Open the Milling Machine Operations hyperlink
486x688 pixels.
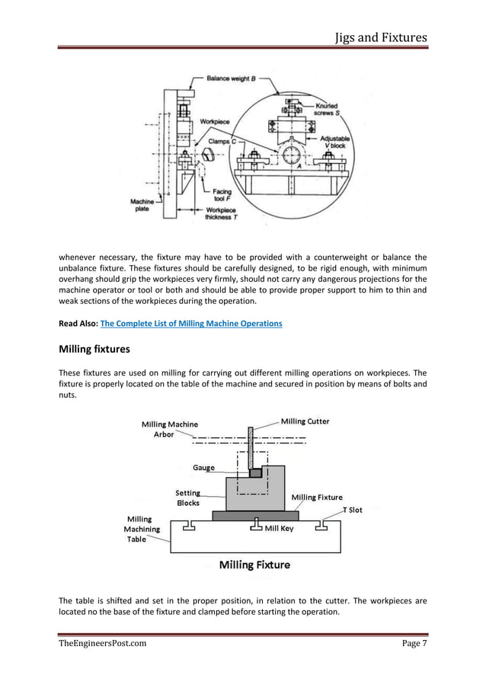pyautogui.click(x=191, y=323)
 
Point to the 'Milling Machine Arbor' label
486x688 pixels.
pyautogui.click(x=170, y=429)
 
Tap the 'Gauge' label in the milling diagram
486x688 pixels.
pyautogui.click(x=203, y=467)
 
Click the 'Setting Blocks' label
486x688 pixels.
pyautogui.click(x=188, y=498)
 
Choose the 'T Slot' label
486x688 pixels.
pyautogui.click(x=352, y=510)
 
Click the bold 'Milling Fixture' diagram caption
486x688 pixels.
pyautogui.click(x=254, y=565)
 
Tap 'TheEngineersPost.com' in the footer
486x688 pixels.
pyautogui.click(x=103, y=644)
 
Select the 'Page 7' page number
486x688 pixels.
pyautogui.click(x=414, y=644)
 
